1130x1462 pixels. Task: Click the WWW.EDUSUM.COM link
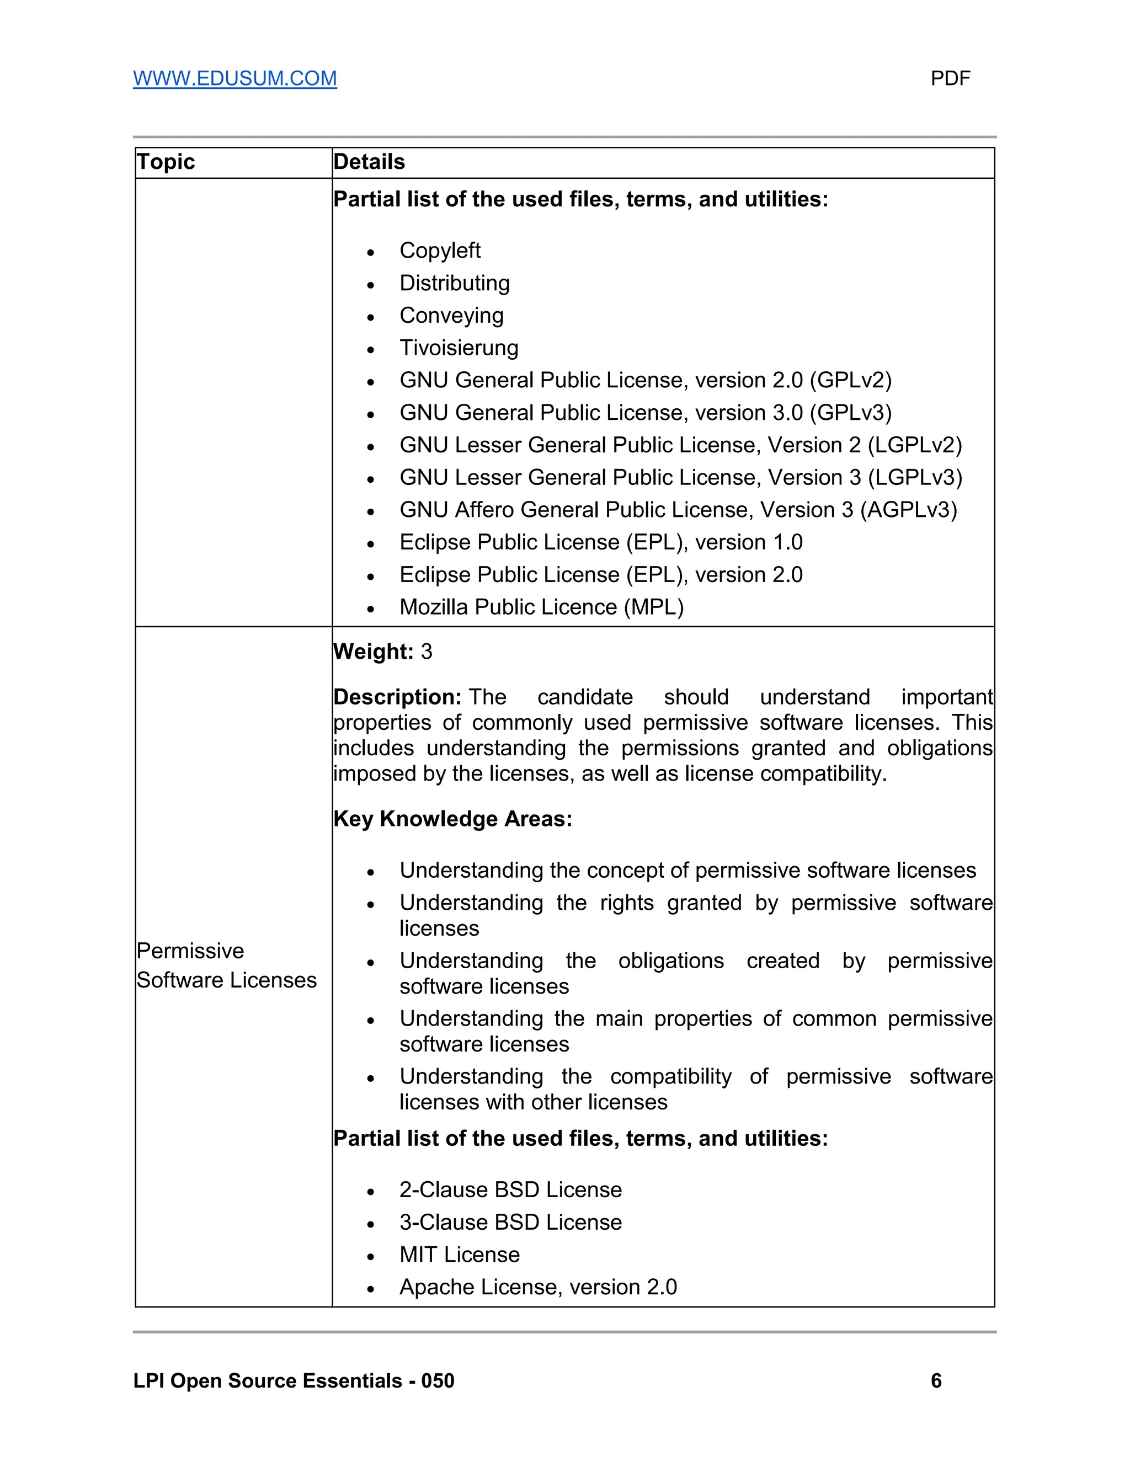[x=234, y=78]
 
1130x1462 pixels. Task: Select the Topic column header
[x=166, y=162]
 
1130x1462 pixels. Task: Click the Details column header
[x=369, y=162]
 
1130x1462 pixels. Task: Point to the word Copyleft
[x=440, y=250]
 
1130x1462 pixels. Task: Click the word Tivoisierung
[x=459, y=348]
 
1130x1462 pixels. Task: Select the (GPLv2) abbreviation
[x=850, y=380]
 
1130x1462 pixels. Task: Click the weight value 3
[x=427, y=652]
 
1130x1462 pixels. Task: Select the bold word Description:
[x=397, y=697]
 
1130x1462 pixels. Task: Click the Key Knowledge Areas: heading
[x=452, y=819]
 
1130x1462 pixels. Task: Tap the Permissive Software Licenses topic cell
[x=226, y=965]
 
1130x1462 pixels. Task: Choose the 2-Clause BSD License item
[x=510, y=1189]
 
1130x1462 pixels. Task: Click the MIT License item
[x=459, y=1255]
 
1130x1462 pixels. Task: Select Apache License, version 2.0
[x=537, y=1287]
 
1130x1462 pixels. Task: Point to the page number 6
[x=936, y=1381]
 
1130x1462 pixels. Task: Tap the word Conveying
[x=451, y=315]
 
